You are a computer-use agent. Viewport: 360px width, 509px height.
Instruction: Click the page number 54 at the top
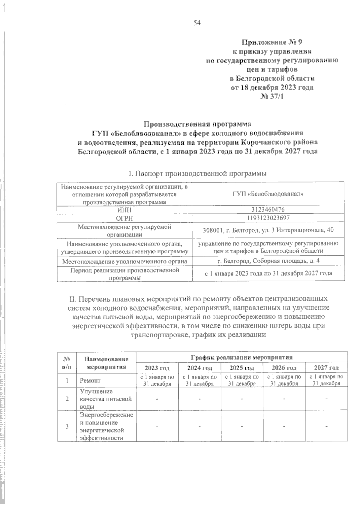(x=197, y=23)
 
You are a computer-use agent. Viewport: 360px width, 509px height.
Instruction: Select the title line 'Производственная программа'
(x=197, y=124)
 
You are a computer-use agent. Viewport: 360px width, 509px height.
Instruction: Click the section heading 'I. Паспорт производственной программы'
(x=197, y=173)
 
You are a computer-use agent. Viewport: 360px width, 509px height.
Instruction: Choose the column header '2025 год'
(x=241, y=368)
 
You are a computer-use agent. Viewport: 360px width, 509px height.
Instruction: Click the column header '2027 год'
(x=326, y=368)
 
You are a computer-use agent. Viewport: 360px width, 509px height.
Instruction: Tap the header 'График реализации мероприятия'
(x=241, y=357)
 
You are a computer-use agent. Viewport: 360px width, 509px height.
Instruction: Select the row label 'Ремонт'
(x=90, y=381)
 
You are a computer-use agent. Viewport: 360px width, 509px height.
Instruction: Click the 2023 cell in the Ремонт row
(x=157, y=380)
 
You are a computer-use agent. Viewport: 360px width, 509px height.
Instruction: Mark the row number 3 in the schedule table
(x=67, y=426)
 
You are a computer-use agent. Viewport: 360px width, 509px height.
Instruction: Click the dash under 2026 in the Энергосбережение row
(x=284, y=426)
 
